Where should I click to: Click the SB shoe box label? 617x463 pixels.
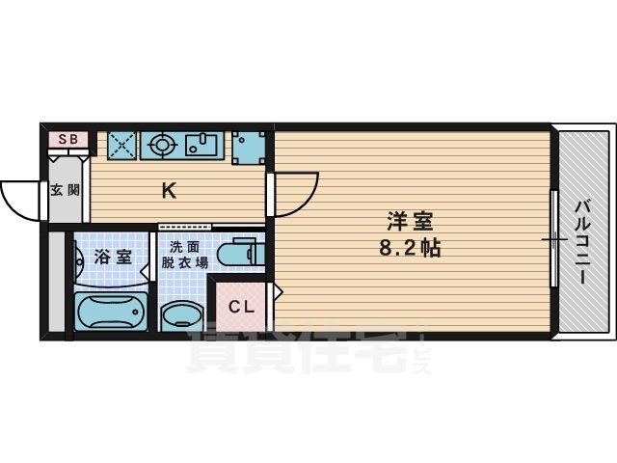point(68,139)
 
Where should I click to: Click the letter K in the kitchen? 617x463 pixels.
point(168,191)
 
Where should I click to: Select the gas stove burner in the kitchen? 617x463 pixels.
point(161,146)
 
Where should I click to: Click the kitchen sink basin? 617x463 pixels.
point(203,146)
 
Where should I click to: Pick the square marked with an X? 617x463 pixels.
point(122,145)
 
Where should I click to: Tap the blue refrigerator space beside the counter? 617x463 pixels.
point(248,146)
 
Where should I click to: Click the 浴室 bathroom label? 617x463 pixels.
point(113,258)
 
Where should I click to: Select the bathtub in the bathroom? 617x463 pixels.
point(110,313)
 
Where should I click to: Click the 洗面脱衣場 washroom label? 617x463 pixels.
point(183,254)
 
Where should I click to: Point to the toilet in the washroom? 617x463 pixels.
point(237,253)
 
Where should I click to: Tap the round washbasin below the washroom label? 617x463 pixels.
point(180,315)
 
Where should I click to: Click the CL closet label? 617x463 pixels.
point(241,309)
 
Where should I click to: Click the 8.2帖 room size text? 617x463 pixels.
point(410,248)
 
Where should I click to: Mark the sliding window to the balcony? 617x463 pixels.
point(554,238)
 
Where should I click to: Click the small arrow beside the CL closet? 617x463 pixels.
point(278,289)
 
